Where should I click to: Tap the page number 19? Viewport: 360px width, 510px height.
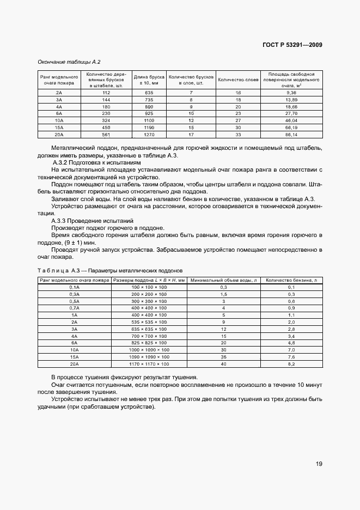pos(319,464)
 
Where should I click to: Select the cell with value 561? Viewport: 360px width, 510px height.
pos(106,134)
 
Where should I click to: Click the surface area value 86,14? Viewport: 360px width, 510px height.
pos(292,134)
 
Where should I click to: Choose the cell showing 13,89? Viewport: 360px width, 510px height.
pos(292,100)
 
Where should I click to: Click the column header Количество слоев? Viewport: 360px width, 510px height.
pos(237,80)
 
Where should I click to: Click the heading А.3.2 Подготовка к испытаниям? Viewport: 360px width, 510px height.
pos(96,163)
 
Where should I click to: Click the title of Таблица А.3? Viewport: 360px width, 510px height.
pos(112,270)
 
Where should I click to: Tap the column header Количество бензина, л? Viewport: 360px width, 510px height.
pos(291,280)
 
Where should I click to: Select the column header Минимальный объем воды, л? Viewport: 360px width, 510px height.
pos(223,280)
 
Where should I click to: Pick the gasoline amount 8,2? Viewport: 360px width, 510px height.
pos(291,364)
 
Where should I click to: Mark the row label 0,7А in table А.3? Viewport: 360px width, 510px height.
pos(74,308)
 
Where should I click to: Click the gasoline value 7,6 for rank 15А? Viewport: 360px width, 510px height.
pos(291,357)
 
